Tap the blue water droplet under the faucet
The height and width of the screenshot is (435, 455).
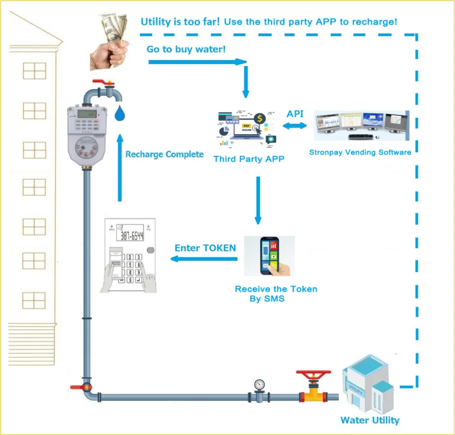tap(120, 113)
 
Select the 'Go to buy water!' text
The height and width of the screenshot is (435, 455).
tap(185, 49)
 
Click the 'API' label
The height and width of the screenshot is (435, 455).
tap(295, 114)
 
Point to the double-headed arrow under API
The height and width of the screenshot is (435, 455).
tap(294, 126)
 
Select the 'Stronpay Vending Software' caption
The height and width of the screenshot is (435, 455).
tap(360, 152)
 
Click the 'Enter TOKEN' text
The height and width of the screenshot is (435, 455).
tap(205, 248)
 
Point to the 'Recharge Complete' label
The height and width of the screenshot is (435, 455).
tap(164, 154)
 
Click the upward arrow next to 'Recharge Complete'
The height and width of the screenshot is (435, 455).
tap(120, 167)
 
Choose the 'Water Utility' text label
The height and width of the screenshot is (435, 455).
tap(370, 420)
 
